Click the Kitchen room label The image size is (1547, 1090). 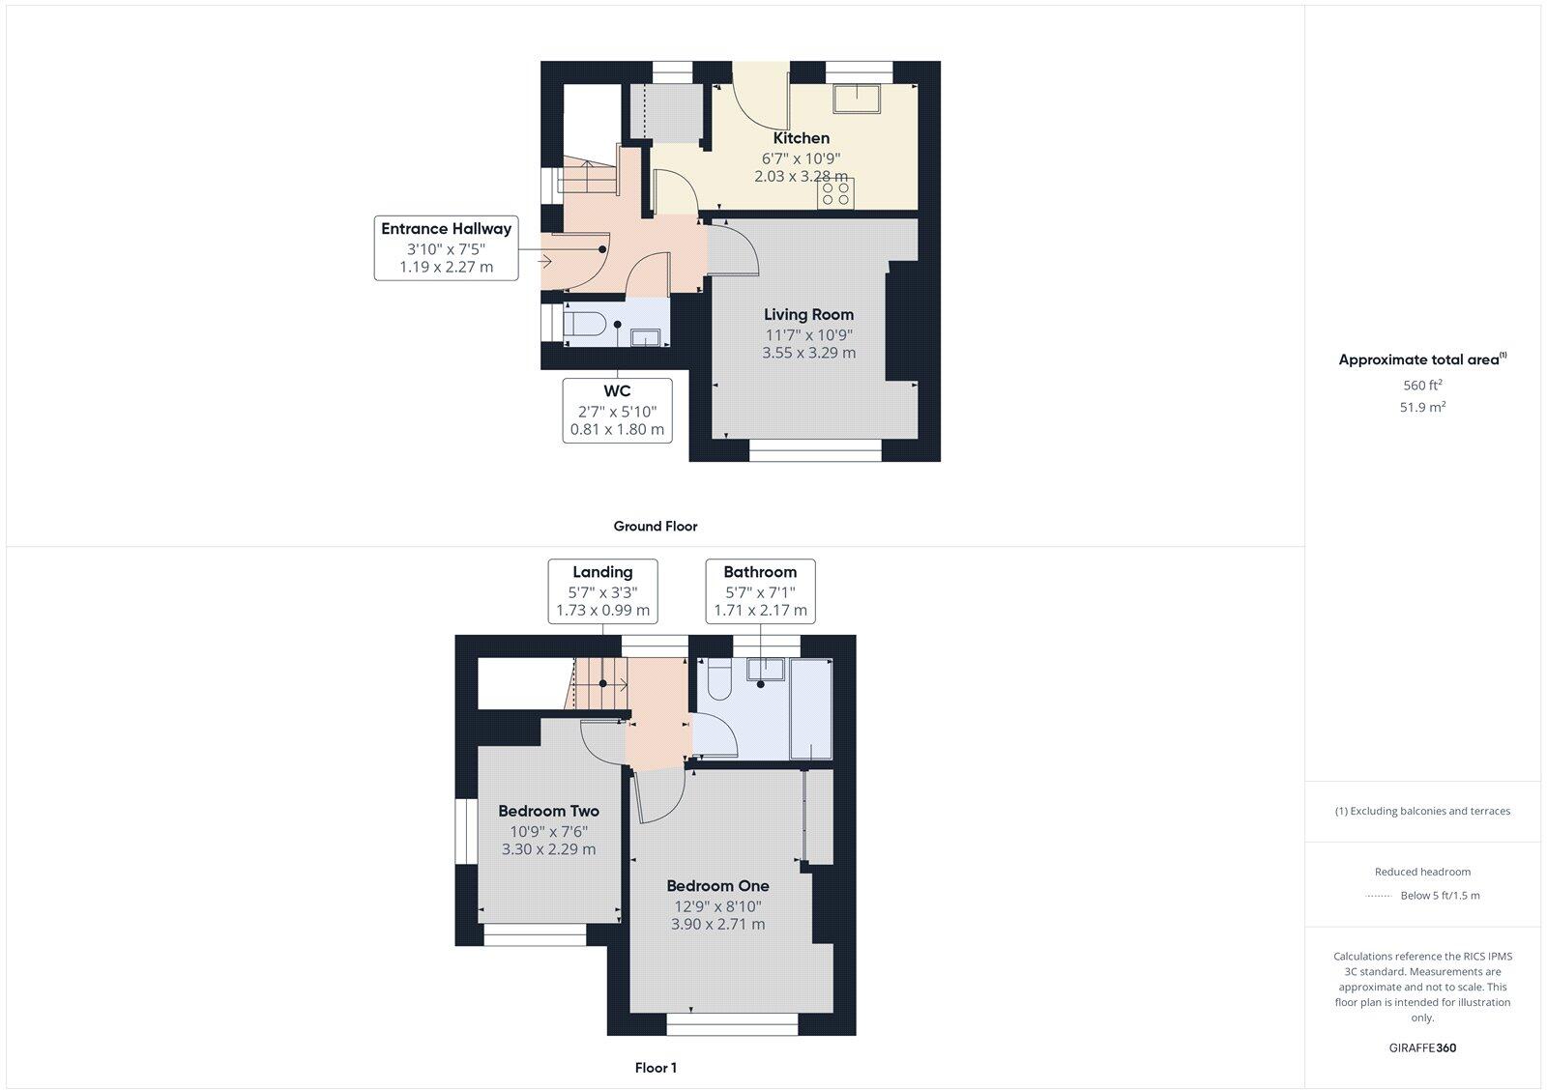[x=801, y=138]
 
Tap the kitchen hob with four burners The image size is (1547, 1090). [x=836, y=194]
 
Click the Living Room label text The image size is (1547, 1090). [x=808, y=314]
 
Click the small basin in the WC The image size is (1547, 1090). [x=645, y=336]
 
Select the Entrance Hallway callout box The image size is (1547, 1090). [x=446, y=248]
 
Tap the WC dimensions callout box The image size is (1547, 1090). [x=617, y=410]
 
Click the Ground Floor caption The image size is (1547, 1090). [x=655, y=527]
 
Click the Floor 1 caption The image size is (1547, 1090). [x=655, y=1068]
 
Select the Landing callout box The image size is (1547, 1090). [x=602, y=590]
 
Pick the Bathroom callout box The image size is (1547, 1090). [x=760, y=590]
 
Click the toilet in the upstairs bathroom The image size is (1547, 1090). [x=718, y=680]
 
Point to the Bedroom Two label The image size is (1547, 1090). [x=548, y=811]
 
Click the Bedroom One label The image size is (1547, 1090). [x=717, y=885]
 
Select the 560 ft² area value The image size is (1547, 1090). [x=1422, y=386]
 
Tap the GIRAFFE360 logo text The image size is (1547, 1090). [x=1422, y=1047]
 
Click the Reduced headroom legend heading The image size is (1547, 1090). [x=1422, y=872]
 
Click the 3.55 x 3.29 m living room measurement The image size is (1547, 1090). [x=808, y=353]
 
